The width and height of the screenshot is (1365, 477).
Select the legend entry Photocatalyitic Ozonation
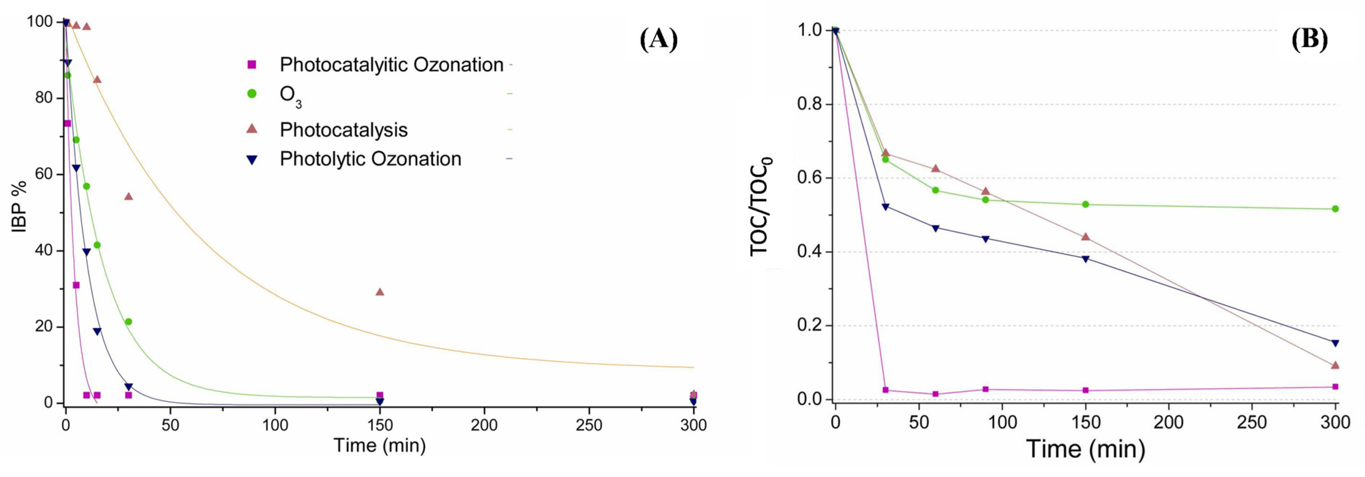click(391, 65)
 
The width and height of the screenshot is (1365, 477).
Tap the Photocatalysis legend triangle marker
click(252, 128)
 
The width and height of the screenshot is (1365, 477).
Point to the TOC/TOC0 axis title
click(761, 207)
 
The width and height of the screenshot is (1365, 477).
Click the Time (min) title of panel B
click(1086, 449)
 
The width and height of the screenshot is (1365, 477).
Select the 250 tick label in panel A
click(589, 425)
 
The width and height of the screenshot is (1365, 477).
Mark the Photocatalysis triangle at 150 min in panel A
click(379, 291)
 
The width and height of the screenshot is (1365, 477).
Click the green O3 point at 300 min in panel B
click(1335, 209)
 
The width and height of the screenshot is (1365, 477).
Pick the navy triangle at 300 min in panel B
click(1335, 343)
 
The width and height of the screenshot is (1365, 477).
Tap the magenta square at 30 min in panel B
click(885, 390)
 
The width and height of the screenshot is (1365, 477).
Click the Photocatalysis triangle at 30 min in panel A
click(128, 196)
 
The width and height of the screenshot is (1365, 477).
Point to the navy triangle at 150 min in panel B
click(1085, 259)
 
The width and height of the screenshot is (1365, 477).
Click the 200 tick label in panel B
click(1168, 423)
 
